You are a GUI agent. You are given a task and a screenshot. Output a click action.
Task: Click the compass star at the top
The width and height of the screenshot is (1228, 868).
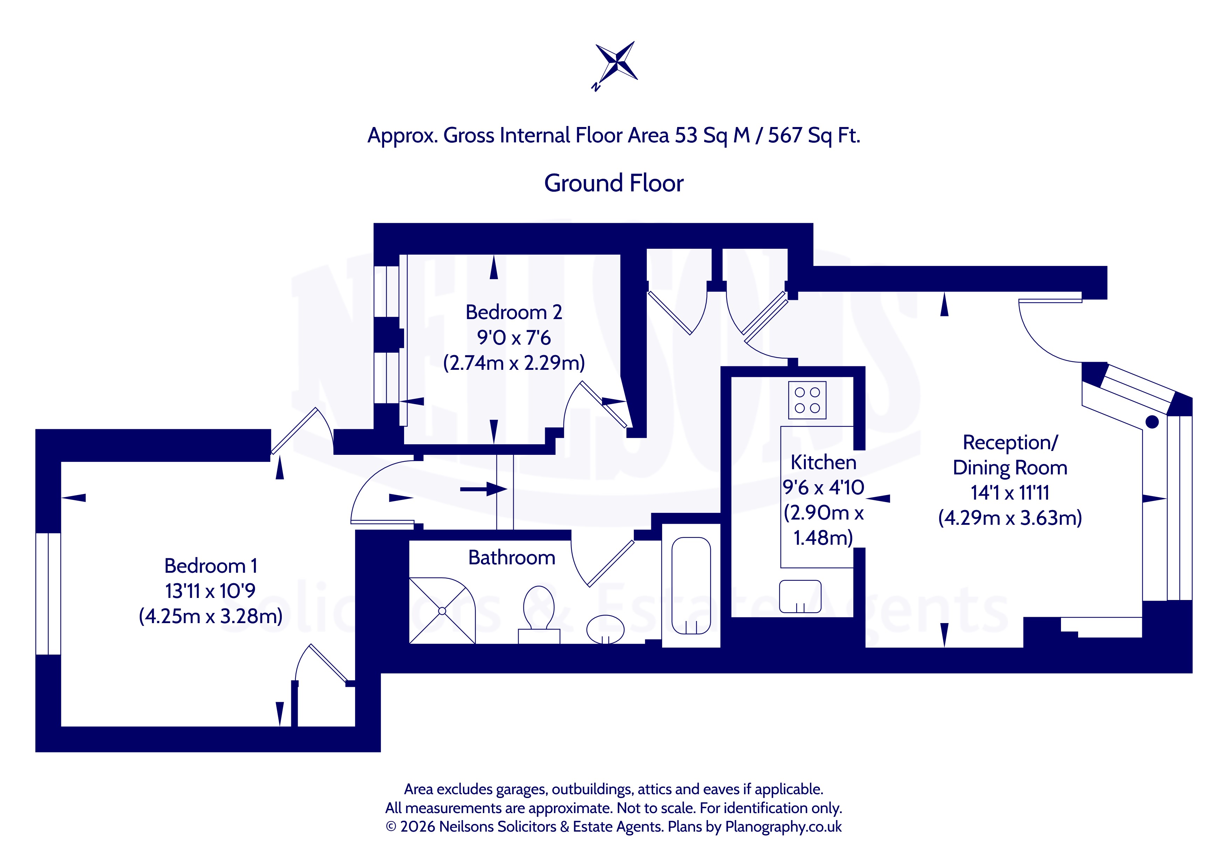[617, 64]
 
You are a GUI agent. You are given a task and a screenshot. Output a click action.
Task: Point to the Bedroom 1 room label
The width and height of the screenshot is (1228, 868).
[211, 565]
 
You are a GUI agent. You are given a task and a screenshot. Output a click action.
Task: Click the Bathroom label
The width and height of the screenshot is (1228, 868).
[512, 557]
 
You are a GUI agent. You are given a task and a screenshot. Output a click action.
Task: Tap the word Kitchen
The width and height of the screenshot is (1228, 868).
[823, 462]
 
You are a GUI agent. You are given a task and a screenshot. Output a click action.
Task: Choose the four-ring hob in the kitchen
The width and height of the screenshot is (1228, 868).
[807, 400]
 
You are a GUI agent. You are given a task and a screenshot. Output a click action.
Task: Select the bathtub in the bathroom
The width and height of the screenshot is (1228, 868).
[691, 586]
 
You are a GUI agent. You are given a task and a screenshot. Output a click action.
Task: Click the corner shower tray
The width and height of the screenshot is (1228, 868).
[442, 611]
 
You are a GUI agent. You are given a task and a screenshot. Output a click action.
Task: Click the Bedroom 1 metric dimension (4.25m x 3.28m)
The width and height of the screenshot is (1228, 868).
[211, 616]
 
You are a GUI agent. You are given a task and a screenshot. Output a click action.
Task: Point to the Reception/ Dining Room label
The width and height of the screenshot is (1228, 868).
[1010, 455]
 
